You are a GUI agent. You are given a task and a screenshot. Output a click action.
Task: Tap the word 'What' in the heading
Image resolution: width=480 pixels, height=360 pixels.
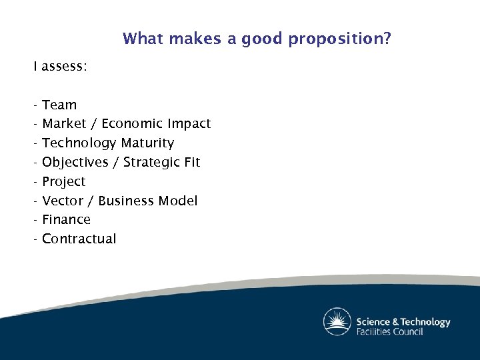(x=143, y=39)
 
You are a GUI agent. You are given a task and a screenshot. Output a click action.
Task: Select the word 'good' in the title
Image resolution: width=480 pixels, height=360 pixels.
(x=262, y=39)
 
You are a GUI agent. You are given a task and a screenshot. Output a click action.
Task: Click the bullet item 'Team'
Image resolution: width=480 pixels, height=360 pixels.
(x=59, y=105)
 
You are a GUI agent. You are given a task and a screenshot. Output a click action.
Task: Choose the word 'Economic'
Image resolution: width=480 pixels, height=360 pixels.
(x=132, y=124)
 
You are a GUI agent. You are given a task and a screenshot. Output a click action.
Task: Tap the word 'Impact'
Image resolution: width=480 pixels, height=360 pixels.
(x=189, y=124)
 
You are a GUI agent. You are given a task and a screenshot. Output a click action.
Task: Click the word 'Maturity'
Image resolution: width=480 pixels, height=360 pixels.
(x=147, y=143)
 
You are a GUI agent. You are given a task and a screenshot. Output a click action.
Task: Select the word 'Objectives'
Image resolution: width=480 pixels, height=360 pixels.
(x=75, y=163)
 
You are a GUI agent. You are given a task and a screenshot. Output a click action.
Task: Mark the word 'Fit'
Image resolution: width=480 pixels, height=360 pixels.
(x=192, y=162)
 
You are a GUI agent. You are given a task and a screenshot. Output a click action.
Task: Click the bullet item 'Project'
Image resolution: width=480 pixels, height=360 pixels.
(x=64, y=182)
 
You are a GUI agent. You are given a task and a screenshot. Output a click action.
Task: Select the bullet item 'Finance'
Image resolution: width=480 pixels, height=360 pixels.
(x=66, y=219)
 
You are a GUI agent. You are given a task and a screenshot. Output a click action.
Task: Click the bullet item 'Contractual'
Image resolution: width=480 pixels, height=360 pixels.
(x=79, y=239)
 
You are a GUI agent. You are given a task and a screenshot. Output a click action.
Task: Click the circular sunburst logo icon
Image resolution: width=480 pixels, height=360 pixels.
(x=337, y=321)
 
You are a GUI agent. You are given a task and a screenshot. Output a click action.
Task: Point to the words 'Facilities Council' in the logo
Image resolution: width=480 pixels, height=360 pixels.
(x=389, y=331)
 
